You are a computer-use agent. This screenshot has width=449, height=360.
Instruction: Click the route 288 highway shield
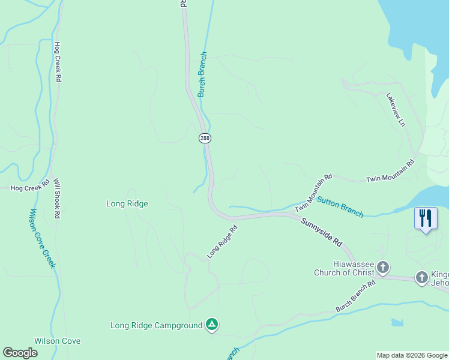tap(205, 138)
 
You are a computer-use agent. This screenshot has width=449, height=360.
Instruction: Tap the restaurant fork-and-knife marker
tap(426, 218)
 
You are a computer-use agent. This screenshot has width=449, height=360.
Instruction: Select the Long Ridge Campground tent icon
tap(211, 325)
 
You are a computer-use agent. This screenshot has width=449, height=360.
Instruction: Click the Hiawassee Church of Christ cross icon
tap(383, 267)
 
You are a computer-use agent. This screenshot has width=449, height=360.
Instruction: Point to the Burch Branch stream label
tap(202, 75)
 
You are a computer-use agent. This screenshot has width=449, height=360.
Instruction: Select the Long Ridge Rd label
tap(223, 242)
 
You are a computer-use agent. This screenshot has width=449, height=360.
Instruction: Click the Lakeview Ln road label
tap(396, 109)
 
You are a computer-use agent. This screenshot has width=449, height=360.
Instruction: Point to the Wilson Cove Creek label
tap(42, 238)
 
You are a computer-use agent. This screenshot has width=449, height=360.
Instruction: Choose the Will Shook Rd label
tap(57, 198)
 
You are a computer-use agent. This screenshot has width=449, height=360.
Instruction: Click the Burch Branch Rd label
tap(355, 298)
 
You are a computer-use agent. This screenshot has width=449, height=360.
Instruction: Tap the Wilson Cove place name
tap(58, 341)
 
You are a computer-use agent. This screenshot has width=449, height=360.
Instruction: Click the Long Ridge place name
tap(127, 203)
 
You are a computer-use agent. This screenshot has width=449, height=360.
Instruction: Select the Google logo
tap(20, 353)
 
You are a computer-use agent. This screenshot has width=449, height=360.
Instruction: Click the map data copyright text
tap(412, 355)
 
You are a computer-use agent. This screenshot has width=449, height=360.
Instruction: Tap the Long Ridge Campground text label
tap(157, 326)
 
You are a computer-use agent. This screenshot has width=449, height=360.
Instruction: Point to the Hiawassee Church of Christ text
tap(344, 268)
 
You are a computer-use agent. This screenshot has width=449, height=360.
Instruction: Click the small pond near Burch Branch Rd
tap(397, 323)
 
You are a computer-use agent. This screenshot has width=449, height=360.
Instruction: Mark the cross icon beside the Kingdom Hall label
tap(422, 277)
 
